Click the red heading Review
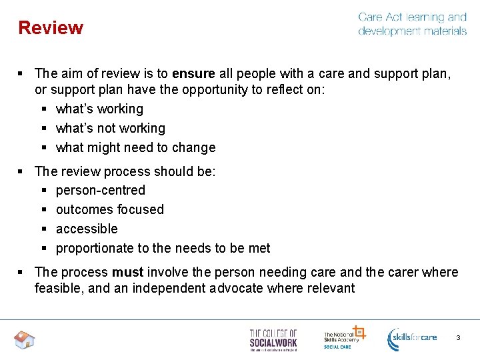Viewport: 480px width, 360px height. (51, 28)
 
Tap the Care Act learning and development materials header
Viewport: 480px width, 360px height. (412, 24)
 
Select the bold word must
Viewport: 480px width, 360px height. (127, 272)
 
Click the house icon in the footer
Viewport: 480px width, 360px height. (24, 340)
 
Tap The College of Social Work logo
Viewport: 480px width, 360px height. (273, 339)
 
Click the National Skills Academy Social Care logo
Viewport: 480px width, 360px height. (343, 337)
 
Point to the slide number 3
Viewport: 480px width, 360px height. (458, 338)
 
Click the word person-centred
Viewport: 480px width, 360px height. (101, 190)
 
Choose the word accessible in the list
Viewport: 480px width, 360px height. (87, 229)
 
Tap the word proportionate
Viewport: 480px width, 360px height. (95, 248)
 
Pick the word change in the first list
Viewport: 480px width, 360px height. (193, 147)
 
